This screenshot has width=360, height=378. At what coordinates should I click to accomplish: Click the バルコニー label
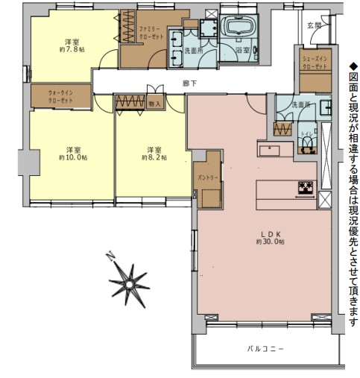click(266, 348)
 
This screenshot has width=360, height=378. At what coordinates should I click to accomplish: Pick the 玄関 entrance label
click(314, 26)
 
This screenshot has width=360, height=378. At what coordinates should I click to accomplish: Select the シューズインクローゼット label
click(315, 62)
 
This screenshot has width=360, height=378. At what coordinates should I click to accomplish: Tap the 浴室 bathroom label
click(242, 51)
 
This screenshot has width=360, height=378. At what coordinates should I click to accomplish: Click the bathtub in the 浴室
click(240, 28)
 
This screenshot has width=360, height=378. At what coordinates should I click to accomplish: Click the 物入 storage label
click(155, 104)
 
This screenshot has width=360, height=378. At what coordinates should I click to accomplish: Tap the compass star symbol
click(128, 282)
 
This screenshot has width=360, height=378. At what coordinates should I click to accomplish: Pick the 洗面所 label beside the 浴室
click(194, 51)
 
